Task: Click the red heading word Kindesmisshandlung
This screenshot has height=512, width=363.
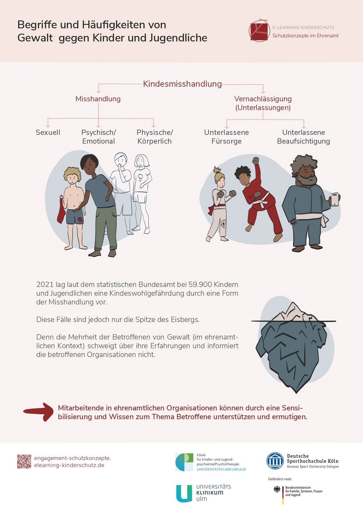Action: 183,84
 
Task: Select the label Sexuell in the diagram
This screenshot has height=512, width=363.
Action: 48,132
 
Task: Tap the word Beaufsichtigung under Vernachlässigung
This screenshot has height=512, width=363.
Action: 304,141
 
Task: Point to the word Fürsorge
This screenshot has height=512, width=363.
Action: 227,141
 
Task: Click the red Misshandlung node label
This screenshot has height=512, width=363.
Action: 98,99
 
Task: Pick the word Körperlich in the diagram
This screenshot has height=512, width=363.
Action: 155,141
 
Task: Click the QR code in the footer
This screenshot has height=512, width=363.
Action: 24,461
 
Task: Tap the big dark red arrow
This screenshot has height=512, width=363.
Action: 38,412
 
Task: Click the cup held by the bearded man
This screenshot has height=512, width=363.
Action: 335,199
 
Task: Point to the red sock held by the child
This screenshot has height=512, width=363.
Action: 61,210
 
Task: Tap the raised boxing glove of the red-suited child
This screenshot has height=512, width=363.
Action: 255,160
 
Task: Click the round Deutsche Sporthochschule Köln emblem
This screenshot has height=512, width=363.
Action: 275,461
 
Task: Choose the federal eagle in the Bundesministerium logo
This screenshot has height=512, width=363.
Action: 277,489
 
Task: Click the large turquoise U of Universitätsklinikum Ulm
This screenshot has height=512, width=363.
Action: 184,493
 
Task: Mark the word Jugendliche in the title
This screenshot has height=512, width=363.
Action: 178,38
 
